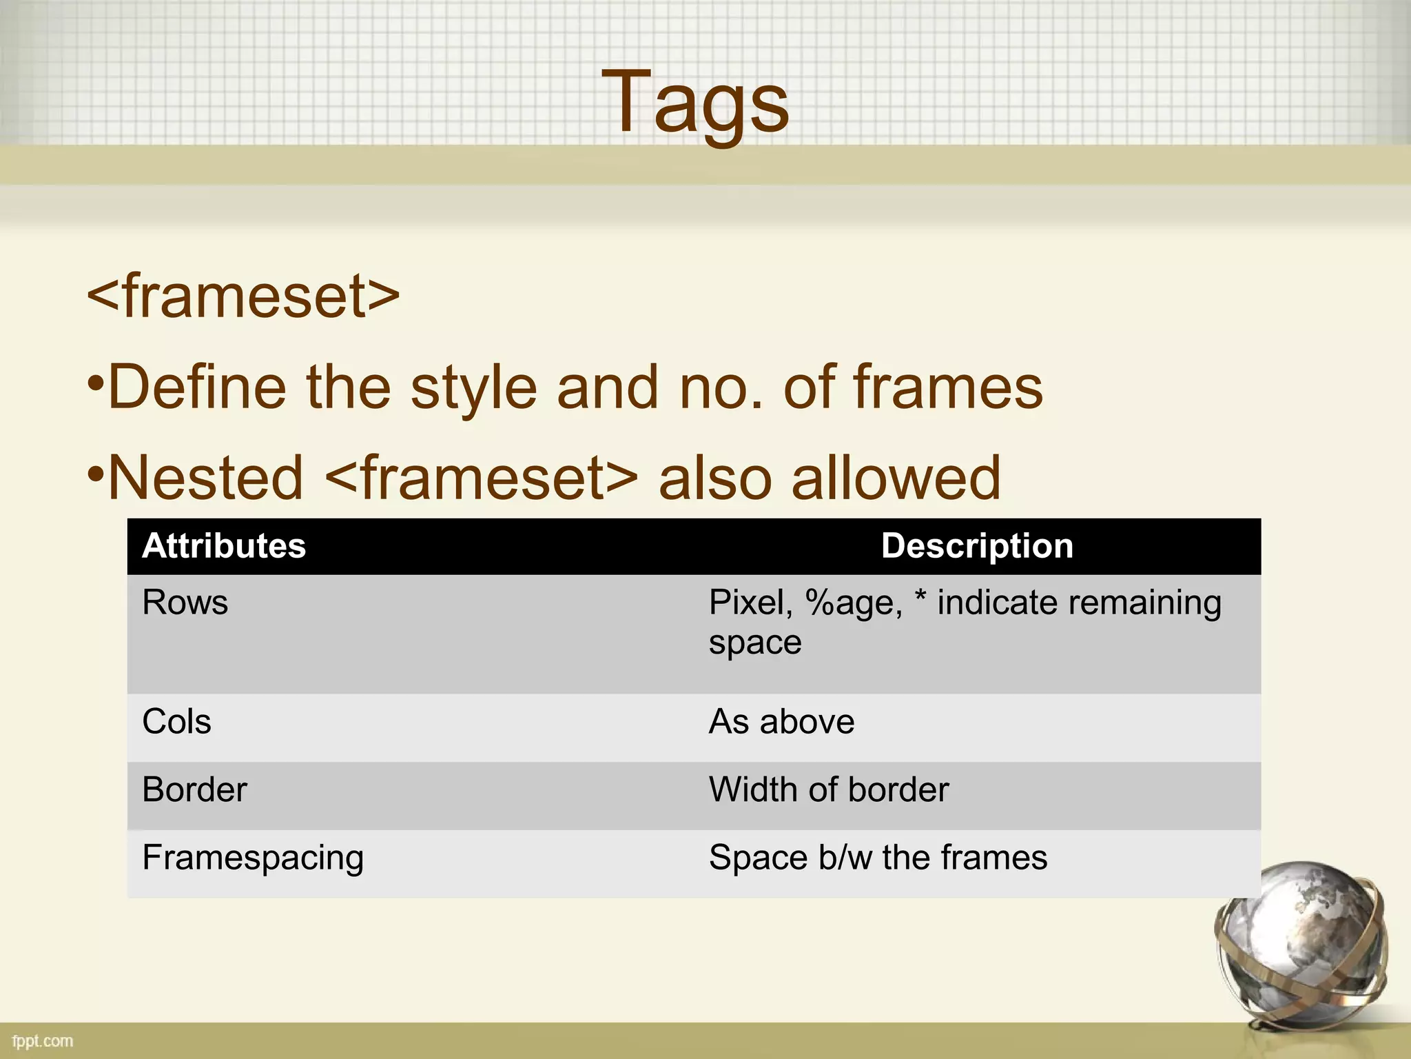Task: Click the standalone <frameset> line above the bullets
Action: pyautogui.click(x=243, y=296)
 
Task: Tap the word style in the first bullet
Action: pyautogui.click(x=473, y=387)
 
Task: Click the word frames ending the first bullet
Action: pyautogui.click(x=948, y=387)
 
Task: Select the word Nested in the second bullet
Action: pyautogui.click(x=205, y=478)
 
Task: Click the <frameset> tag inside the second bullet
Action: pyautogui.click(x=481, y=478)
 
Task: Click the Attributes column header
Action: pyautogui.click(x=224, y=546)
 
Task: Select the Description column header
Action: pyautogui.click(x=977, y=546)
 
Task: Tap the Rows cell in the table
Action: pyautogui.click(x=185, y=603)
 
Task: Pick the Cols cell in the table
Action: pyautogui.click(x=176, y=722)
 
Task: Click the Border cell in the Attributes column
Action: pyautogui.click(x=194, y=789)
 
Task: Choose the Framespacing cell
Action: pyautogui.click(x=253, y=858)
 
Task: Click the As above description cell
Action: pyautogui.click(x=781, y=722)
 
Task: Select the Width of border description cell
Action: pyautogui.click(x=829, y=789)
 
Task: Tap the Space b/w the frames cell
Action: pyautogui.click(x=878, y=858)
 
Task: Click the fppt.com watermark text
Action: pyautogui.click(x=43, y=1041)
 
